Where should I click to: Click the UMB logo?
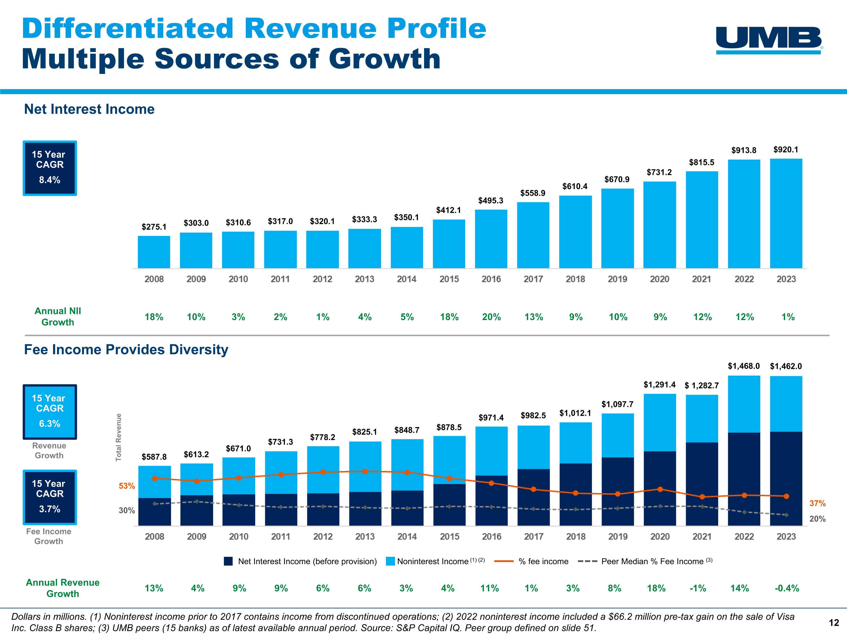click(769, 40)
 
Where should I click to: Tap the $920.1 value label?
click(786, 150)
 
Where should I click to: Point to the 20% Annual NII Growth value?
click(491, 317)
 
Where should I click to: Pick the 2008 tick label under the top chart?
click(154, 279)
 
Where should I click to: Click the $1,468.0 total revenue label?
click(744, 366)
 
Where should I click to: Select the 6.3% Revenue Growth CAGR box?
click(50, 412)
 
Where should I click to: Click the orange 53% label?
click(127, 486)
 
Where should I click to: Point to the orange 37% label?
click(817, 503)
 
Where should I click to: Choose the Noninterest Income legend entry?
click(435, 561)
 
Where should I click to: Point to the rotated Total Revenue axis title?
click(119, 437)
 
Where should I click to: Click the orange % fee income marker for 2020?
click(660, 489)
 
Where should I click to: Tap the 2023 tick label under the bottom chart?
click(786, 537)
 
